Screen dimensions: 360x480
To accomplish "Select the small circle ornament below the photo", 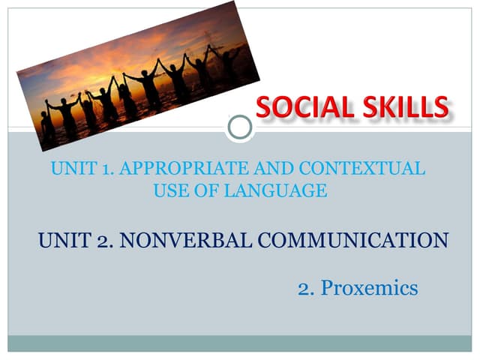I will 240,127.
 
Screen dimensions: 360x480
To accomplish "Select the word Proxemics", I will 370,288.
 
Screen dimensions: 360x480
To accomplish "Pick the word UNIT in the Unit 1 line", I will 70,169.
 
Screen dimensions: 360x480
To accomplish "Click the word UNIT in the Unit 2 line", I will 61,241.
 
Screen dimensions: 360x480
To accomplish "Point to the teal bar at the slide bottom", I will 240,343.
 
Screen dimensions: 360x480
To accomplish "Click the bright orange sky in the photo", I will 112,56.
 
